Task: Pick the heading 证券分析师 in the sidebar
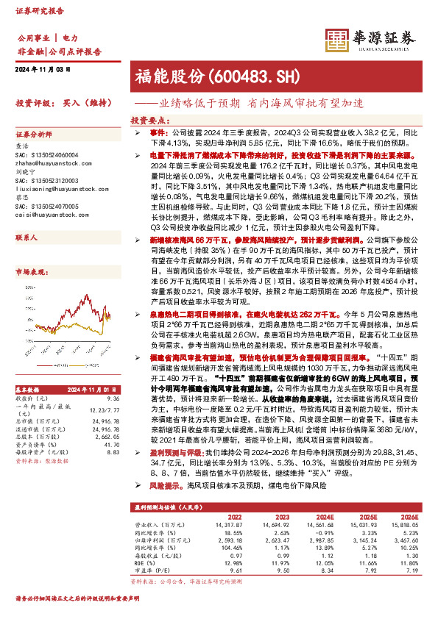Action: click(x=35, y=135)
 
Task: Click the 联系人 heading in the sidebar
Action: click(x=27, y=239)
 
